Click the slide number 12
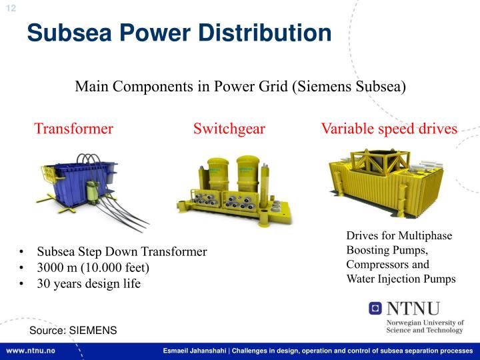point(11,7)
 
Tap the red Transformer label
point(73,129)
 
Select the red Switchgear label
point(229,129)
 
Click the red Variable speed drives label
point(389,129)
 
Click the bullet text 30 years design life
point(89,284)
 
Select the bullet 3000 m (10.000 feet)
point(93,268)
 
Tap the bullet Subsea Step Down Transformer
point(121,252)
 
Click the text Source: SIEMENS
point(73,331)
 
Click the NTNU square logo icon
point(376,308)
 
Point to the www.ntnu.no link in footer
point(31,351)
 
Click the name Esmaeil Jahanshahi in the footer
point(195,351)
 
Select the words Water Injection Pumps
point(401,279)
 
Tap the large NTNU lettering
point(413,309)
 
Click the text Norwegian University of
point(425,322)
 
